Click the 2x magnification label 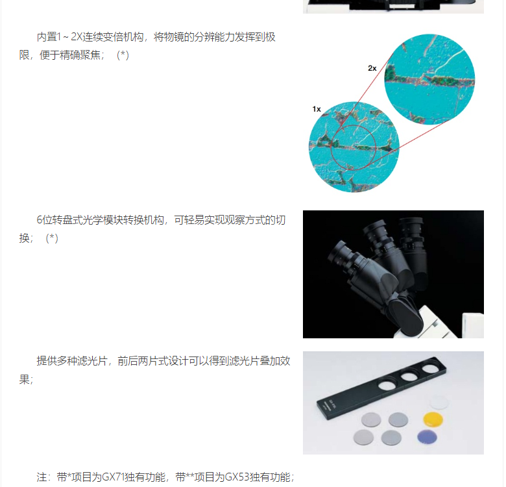[x=372, y=68]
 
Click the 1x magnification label [x=317, y=109]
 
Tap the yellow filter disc [x=433, y=419]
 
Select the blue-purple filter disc [x=428, y=437]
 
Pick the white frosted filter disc [x=439, y=403]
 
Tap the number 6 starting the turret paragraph [x=40, y=220]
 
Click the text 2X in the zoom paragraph [x=77, y=37]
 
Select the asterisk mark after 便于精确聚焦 [x=123, y=55]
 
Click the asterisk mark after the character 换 [x=52, y=238]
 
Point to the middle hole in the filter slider [x=409, y=376]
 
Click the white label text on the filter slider [x=330, y=405]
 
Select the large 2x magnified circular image [x=429, y=79]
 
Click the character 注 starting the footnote [x=42, y=477]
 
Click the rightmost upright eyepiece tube [x=413, y=249]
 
